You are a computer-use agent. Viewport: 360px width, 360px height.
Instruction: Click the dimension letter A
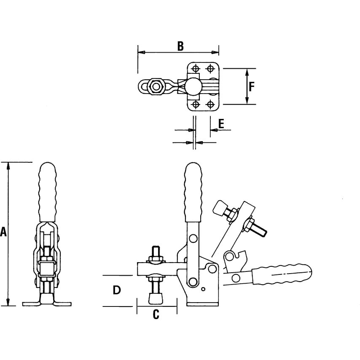coord(3,231)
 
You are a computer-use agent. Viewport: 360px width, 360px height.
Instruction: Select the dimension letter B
coord(180,46)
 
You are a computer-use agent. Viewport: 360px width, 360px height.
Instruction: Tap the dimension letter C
coord(156,314)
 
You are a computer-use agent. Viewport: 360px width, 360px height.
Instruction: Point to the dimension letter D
coord(117,290)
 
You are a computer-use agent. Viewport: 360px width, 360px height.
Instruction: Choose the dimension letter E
coord(221,123)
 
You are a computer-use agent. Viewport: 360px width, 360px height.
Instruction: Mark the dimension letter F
coord(251,86)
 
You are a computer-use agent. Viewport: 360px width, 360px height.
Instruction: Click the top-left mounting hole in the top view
coord(196,69)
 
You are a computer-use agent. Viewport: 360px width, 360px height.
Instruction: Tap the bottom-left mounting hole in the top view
coord(196,104)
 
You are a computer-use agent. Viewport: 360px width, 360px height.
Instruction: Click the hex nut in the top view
coord(157,86)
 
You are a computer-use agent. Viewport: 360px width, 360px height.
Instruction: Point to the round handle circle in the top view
coord(193,86)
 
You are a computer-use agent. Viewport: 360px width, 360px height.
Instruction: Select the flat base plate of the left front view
coord(47,304)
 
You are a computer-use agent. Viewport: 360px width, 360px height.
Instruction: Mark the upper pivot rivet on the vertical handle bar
coord(193,239)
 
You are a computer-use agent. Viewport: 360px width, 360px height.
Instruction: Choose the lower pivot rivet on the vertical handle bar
coord(193,282)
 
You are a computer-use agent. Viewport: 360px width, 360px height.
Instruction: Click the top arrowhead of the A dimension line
coord(8,165)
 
